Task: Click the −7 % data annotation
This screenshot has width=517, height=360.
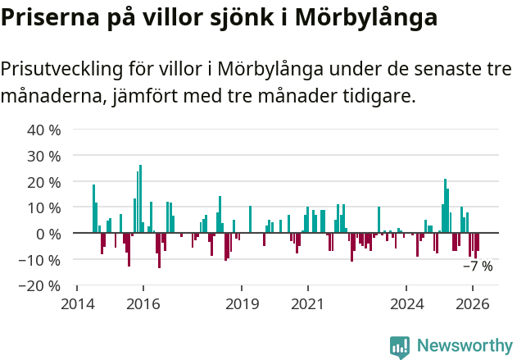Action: tap(478, 267)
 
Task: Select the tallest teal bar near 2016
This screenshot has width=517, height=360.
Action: tap(140, 199)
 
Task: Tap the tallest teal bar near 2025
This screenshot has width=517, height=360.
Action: tap(445, 206)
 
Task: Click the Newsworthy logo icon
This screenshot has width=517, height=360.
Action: tap(400, 347)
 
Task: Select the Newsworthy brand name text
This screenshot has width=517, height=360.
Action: tap(465, 346)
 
